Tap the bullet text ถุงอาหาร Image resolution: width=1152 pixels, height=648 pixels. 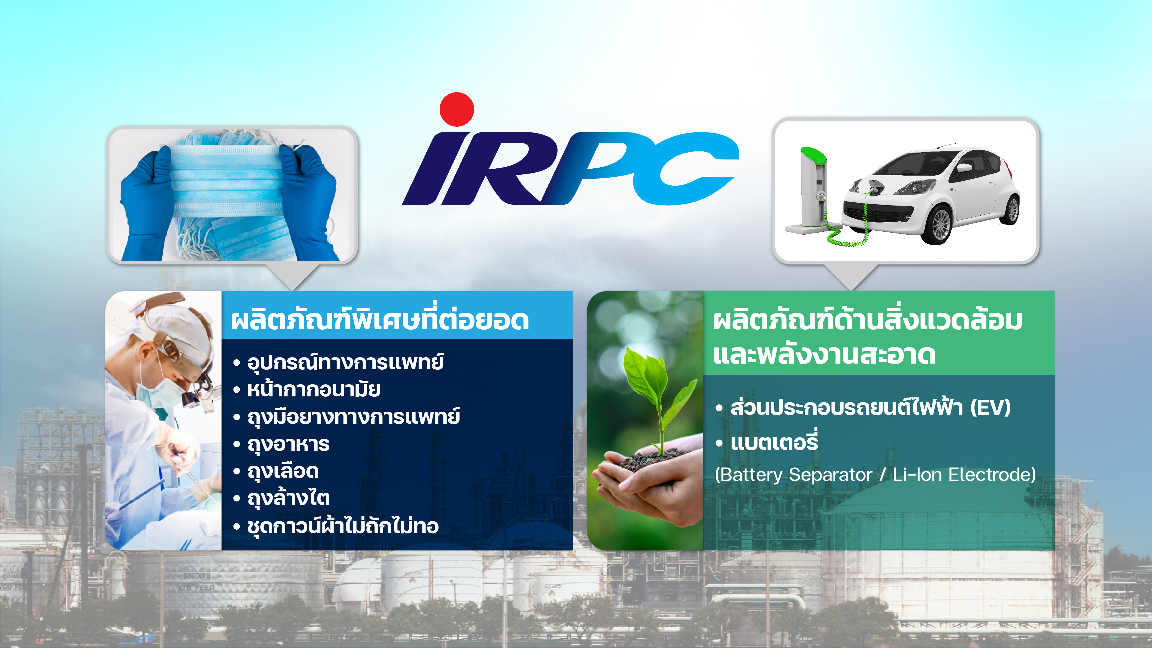tap(289, 444)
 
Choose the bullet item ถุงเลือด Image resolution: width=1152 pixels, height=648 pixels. tap(283, 471)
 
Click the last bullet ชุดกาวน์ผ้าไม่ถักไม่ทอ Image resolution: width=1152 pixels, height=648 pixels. tap(343, 525)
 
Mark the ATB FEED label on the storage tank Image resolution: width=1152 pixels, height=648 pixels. tap(196, 588)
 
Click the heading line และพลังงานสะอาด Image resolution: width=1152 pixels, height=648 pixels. tap(824, 355)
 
